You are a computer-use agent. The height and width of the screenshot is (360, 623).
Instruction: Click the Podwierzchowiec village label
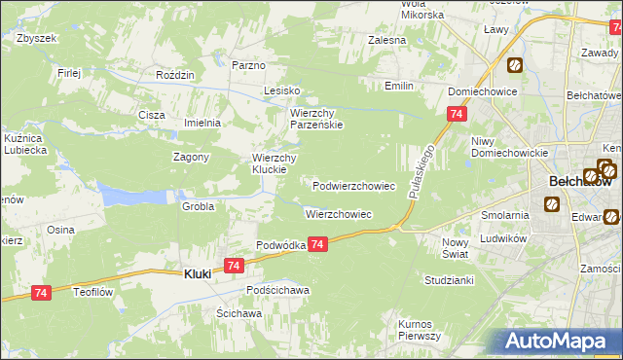pyautogui.click(x=353, y=185)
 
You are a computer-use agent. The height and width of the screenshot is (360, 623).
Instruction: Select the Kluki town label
pyautogui.click(x=198, y=275)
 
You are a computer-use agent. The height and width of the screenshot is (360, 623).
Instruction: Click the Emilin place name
pyautogui.click(x=399, y=87)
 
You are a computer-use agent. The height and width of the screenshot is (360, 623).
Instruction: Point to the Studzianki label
pyautogui.click(x=449, y=279)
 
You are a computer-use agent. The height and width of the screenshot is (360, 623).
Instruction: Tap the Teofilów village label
pyautogui.click(x=95, y=289)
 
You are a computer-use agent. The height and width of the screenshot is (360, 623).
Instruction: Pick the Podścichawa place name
pyautogui.click(x=277, y=290)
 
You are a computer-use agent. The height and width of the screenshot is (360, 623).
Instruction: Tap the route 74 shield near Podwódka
pyautogui.click(x=318, y=248)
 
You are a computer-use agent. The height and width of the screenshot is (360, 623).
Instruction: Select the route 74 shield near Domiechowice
pyautogui.click(x=456, y=115)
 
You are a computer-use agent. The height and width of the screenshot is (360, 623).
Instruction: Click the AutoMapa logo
pyautogui.click(x=554, y=341)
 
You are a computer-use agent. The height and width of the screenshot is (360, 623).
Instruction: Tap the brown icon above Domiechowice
pyautogui.click(x=514, y=66)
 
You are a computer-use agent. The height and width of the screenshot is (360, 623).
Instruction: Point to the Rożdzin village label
pyautogui.click(x=176, y=75)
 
